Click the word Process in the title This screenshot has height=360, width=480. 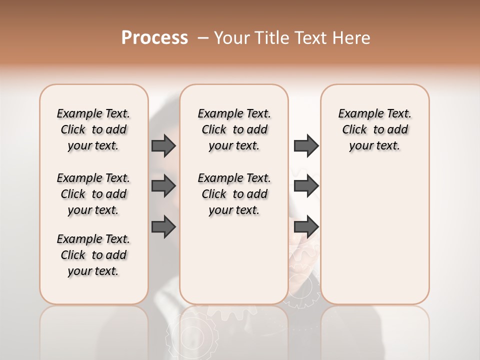154,38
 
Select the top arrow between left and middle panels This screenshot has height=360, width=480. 163,145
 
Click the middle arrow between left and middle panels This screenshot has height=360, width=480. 163,186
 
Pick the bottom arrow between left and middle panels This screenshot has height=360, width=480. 163,226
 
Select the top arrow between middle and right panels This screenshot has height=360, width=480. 306,145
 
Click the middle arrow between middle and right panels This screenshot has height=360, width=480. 306,186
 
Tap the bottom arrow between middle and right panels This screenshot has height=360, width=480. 306,226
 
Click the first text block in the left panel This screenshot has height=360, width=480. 93,129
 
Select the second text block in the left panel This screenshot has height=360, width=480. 93,194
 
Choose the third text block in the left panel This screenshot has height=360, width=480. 93,255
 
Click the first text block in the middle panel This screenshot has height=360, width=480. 234,129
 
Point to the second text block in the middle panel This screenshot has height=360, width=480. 234,194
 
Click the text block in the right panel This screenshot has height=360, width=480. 374,129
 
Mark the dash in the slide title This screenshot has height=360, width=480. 203,38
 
